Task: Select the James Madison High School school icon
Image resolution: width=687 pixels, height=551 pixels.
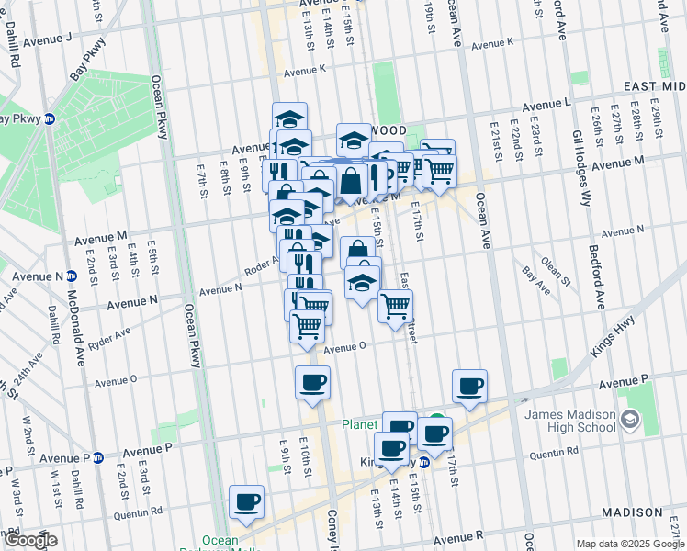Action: coord(630,421)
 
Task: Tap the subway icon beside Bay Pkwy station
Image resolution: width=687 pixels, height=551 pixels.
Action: coord(51,118)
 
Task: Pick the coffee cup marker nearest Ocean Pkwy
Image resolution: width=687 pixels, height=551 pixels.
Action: coord(246,501)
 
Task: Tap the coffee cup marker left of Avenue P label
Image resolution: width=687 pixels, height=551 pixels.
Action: coord(469,386)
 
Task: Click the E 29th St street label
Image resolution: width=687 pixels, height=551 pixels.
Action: coord(656,124)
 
